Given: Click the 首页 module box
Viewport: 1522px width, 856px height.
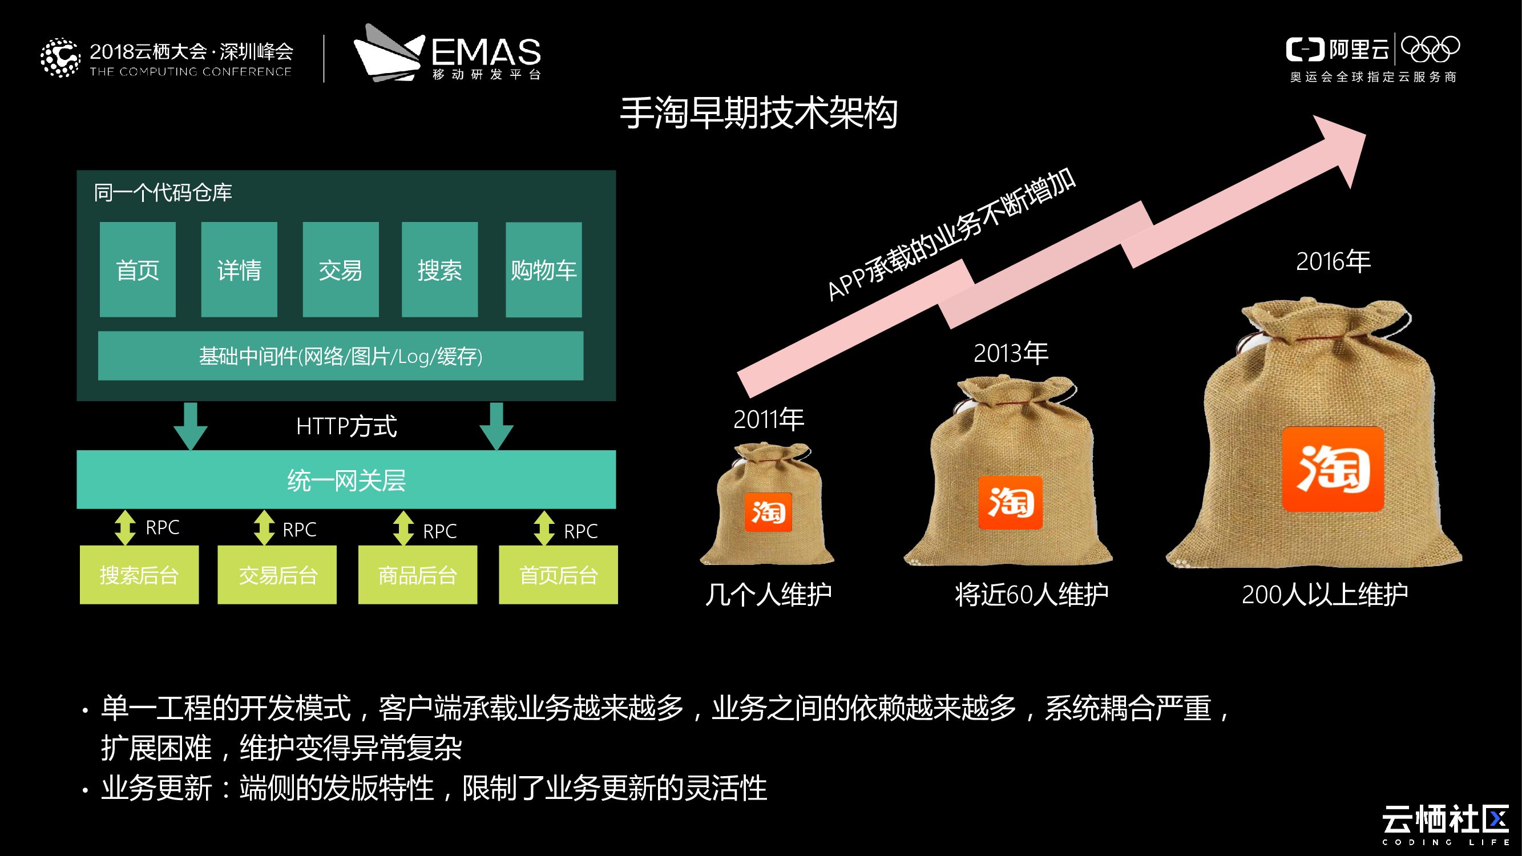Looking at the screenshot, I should pos(138,269).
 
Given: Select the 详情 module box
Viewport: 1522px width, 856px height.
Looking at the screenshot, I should pos(239,269).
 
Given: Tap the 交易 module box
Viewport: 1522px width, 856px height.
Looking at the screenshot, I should pos(340,269).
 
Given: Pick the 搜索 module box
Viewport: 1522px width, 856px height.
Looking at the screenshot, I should pos(439,269).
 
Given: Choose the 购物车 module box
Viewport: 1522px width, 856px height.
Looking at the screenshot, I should pos(543,269).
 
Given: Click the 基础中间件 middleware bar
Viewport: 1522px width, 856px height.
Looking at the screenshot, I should pos(340,356).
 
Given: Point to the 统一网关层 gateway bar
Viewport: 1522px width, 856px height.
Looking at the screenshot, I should pos(346,480).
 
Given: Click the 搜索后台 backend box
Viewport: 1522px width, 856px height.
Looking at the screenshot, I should pos(139,574).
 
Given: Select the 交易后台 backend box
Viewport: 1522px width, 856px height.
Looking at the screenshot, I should pos(277,574).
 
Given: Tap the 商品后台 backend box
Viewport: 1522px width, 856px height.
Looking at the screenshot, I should pos(418,574).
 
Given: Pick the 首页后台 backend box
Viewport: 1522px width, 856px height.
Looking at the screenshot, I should pos(558,574).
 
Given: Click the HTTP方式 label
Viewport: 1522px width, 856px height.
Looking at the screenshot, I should pos(346,426).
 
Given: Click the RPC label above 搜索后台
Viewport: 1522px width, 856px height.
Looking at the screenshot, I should pos(163,527).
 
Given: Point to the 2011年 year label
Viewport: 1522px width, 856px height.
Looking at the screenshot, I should pos(768,419).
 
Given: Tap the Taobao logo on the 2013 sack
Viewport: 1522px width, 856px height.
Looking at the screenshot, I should pos(1010,502).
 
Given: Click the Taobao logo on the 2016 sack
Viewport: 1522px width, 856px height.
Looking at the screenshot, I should pos(1333,469).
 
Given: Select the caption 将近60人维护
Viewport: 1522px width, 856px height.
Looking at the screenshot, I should pos(1031,594).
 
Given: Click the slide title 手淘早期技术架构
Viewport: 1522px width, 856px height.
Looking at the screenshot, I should pos(758,113).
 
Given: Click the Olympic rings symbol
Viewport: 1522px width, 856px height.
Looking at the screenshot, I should pos(1430,50).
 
